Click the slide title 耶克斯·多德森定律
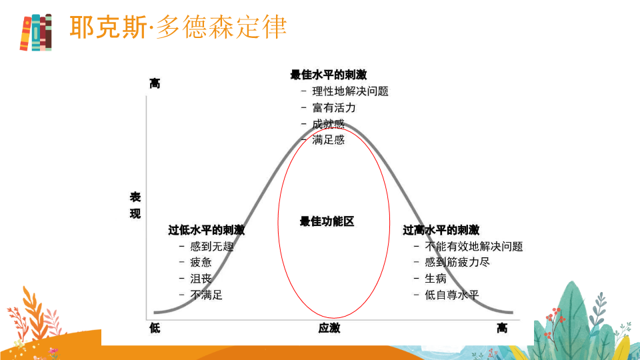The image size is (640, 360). (178, 27)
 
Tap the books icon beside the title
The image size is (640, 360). (36, 32)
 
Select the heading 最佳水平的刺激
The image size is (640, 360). (329, 75)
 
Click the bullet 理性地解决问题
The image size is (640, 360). (350, 91)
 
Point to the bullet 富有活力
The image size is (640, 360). (334, 108)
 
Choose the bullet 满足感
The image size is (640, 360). (328, 140)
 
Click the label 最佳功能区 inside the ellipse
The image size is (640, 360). (327, 221)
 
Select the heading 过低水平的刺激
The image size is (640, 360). (207, 230)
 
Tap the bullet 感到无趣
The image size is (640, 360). (212, 247)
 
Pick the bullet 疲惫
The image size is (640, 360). (201, 263)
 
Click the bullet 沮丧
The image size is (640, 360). (201, 279)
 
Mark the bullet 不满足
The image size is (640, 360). (206, 295)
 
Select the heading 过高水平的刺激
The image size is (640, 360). (441, 230)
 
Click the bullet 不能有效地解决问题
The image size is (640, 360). (474, 247)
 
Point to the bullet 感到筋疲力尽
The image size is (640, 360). (457, 262)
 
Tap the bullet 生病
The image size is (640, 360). (435, 279)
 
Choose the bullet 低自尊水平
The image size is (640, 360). (452, 295)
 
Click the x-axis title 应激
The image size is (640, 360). (329, 328)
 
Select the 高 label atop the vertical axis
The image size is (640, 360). (155, 84)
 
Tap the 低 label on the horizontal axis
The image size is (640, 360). (155, 328)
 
